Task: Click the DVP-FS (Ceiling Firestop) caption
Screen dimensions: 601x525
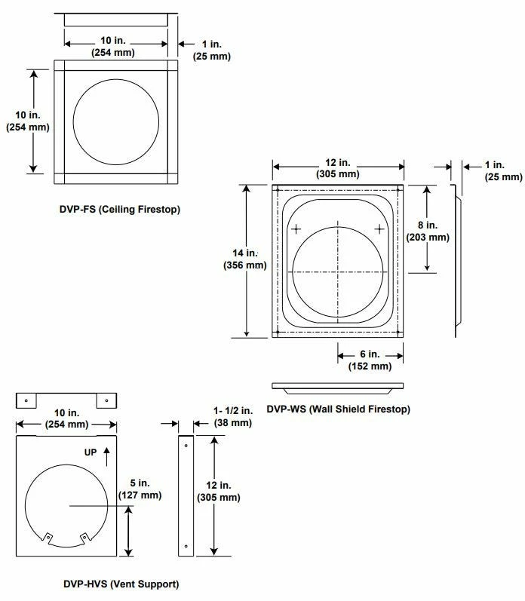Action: (119, 208)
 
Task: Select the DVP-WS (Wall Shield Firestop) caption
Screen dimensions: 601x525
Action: (338, 409)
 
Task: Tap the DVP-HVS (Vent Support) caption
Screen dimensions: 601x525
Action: (121, 583)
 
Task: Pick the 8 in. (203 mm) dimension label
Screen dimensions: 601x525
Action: (428, 231)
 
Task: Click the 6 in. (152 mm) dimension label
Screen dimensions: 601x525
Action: (370, 360)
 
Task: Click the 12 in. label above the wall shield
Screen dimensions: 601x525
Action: (338, 168)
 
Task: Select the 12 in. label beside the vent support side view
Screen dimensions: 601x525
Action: (218, 491)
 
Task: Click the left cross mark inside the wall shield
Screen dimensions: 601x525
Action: (296, 228)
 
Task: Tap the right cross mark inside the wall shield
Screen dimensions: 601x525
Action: (379, 228)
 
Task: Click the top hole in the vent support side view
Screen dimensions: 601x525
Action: (186, 446)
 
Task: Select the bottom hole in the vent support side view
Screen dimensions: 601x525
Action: (186, 547)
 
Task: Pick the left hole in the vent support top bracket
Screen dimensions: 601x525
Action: (26, 400)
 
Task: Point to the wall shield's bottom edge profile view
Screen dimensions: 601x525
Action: (338, 386)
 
